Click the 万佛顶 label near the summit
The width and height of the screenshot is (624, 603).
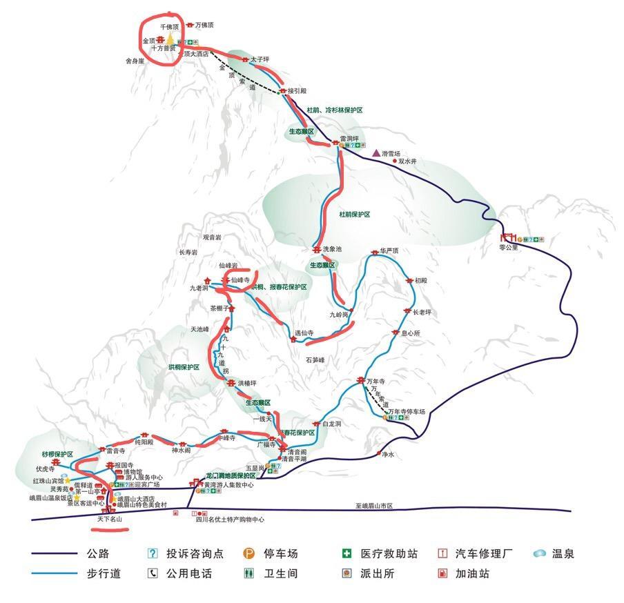pyautogui.click(x=205, y=25)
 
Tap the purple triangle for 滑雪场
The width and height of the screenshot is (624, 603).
pyautogui.click(x=376, y=152)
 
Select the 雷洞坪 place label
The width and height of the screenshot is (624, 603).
pyautogui.click(x=349, y=138)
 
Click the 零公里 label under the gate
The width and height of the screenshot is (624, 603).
pyautogui.click(x=509, y=247)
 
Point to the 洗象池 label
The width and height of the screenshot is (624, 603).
pyautogui.click(x=332, y=249)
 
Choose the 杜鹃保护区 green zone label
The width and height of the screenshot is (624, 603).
pyautogui.click(x=354, y=215)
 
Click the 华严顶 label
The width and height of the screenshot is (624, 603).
pyautogui.click(x=389, y=251)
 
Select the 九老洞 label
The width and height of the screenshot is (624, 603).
pyautogui.click(x=199, y=288)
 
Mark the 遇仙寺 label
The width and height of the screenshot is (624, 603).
pyautogui.click(x=304, y=333)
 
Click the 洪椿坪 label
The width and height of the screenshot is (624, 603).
pyautogui.click(x=247, y=383)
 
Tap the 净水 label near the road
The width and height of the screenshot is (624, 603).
pyautogui.click(x=387, y=454)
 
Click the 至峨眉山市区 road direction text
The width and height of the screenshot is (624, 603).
pyautogui.click(x=374, y=506)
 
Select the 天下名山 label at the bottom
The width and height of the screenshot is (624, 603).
pyautogui.click(x=109, y=519)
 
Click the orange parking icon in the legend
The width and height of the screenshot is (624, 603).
pyautogui.click(x=248, y=553)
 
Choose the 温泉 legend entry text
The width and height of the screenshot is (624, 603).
pyautogui.click(x=563, y=553)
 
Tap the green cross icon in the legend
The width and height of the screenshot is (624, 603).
pyautogui.click(x=347, y=553)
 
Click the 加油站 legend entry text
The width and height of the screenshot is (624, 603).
pyautogui.click(x=472, y=573)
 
